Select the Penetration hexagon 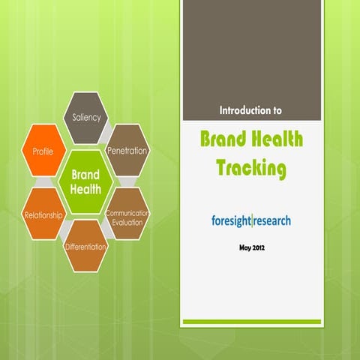[127, 150]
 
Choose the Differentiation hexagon [85, 246]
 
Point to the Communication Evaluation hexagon [127, 217]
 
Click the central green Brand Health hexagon [85, 181]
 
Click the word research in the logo [272, 220]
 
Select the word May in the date [244, 247]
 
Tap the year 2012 [259, 247]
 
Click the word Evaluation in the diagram [128, 223]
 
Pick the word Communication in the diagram [128, 213]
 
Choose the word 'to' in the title [277, 109]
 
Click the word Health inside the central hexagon [85, 189]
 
